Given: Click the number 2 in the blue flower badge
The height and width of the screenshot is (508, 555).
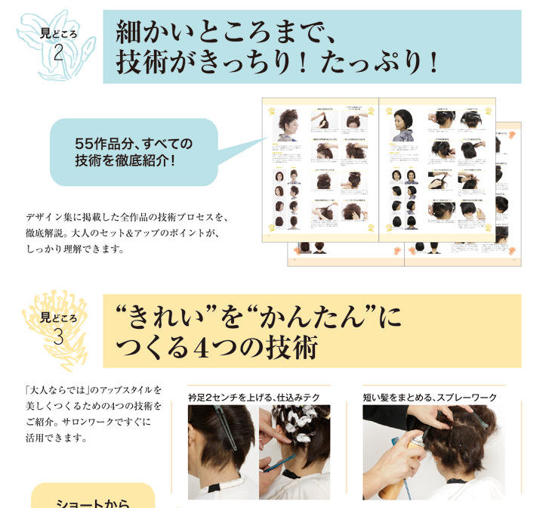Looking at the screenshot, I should click(x=59, y=51).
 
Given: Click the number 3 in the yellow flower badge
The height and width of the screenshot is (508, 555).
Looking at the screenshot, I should click(x=59, y=336).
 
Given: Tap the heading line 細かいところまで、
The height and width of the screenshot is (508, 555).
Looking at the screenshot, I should click(x=224, y=33).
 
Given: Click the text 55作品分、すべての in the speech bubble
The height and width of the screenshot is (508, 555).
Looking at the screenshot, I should click(x=134, y=143).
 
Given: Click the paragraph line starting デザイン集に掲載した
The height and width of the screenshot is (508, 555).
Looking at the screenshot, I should click(x=126, y=216).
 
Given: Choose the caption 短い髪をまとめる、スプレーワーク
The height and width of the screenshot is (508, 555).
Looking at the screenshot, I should click(x=430, y=397).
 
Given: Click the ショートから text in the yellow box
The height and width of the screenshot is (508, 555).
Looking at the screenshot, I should click(x=93, y=501).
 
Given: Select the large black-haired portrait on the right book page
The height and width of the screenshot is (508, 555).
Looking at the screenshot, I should click(x=402, y=125).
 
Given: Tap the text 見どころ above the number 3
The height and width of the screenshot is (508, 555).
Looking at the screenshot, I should click(x=59, y=317).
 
